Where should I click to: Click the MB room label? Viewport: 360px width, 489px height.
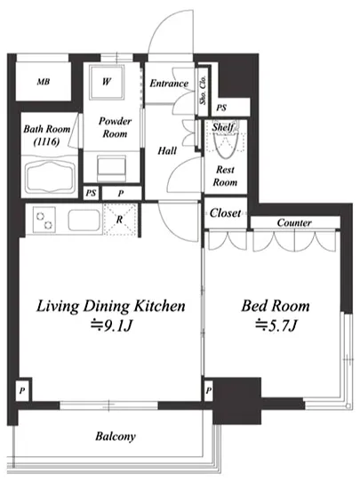click(44, 82)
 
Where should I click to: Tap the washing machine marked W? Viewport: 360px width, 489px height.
click(107, 82)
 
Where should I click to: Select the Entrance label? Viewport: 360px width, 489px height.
click(169, 84)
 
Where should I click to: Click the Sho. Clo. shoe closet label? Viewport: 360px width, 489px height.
click(203, 90)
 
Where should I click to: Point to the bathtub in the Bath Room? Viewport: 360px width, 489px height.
click(50, 177)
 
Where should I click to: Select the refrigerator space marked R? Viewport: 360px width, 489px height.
click(120, 220)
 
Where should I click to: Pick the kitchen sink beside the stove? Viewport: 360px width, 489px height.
click(84, 220)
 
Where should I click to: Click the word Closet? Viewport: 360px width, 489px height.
click(225, 213)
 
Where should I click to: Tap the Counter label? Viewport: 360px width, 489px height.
click(294, 222)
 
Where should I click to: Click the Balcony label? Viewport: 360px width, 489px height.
click(116, 437)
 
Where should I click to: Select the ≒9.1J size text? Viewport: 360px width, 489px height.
click(112, 326)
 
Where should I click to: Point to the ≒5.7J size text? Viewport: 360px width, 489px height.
click(276, 326)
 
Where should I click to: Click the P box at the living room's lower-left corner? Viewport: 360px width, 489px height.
click(22, 389)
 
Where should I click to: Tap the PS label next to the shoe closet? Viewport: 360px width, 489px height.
click(221, 108)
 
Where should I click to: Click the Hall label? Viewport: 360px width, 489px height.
click(167, 151)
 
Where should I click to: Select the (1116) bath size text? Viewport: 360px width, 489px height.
click(47, 142)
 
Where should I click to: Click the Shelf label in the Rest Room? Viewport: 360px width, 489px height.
click(223, 127)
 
